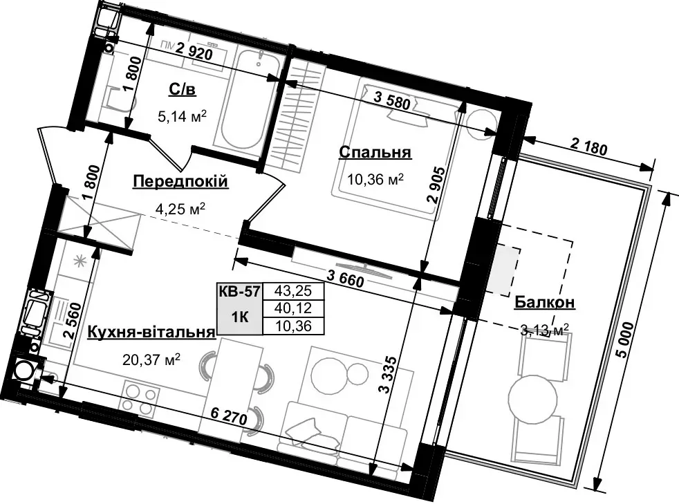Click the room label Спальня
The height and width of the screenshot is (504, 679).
click(375, 153)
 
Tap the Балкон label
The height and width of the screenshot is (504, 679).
click(545, 302)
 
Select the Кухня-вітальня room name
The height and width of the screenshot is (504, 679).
click(151, 333)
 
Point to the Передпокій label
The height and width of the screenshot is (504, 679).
click(180, 181)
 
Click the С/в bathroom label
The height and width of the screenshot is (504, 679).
click(182, 88)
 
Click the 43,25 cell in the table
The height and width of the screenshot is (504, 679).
click(289, 290)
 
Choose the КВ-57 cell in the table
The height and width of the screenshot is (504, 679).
click(239, 291)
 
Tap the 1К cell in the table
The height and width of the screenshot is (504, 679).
click(239, 317)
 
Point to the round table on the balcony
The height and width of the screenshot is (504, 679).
click(532, 397)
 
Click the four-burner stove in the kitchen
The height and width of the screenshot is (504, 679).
click(138, 398)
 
